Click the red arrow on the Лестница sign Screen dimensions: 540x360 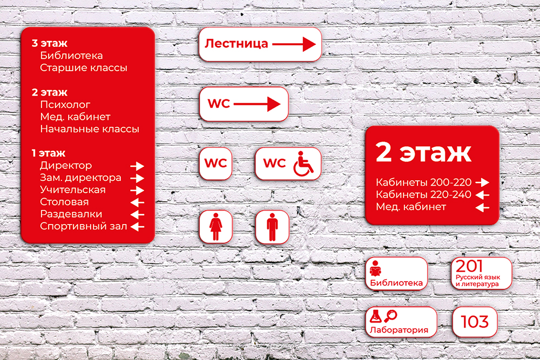pos(294,44)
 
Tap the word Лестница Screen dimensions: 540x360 pos(237,44)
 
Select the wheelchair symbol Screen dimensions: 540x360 pos(303,164)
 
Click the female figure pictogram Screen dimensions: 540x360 pos(215,226)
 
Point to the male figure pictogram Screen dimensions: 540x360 pos(272,227)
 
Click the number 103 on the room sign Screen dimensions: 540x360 pos(475,322)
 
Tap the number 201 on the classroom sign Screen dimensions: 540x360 pos(469,266)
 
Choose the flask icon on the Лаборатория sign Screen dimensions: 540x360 pos(375,316)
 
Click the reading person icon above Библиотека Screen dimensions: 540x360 pos(375,268)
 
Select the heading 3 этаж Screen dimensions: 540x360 pos(49,43)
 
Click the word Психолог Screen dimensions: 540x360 pos(65,104)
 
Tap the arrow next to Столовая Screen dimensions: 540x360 pos(137,202)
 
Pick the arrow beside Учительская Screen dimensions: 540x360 pos(137,190)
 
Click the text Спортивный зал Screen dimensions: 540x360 pos(83,227)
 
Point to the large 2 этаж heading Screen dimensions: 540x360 pos(423,152)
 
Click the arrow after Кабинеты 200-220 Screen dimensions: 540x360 pos(482,182)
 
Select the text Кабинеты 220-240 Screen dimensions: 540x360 pos(423,194)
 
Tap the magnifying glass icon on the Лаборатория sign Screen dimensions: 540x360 pos(390,316)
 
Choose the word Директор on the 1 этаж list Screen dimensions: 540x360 pos(66,166)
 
